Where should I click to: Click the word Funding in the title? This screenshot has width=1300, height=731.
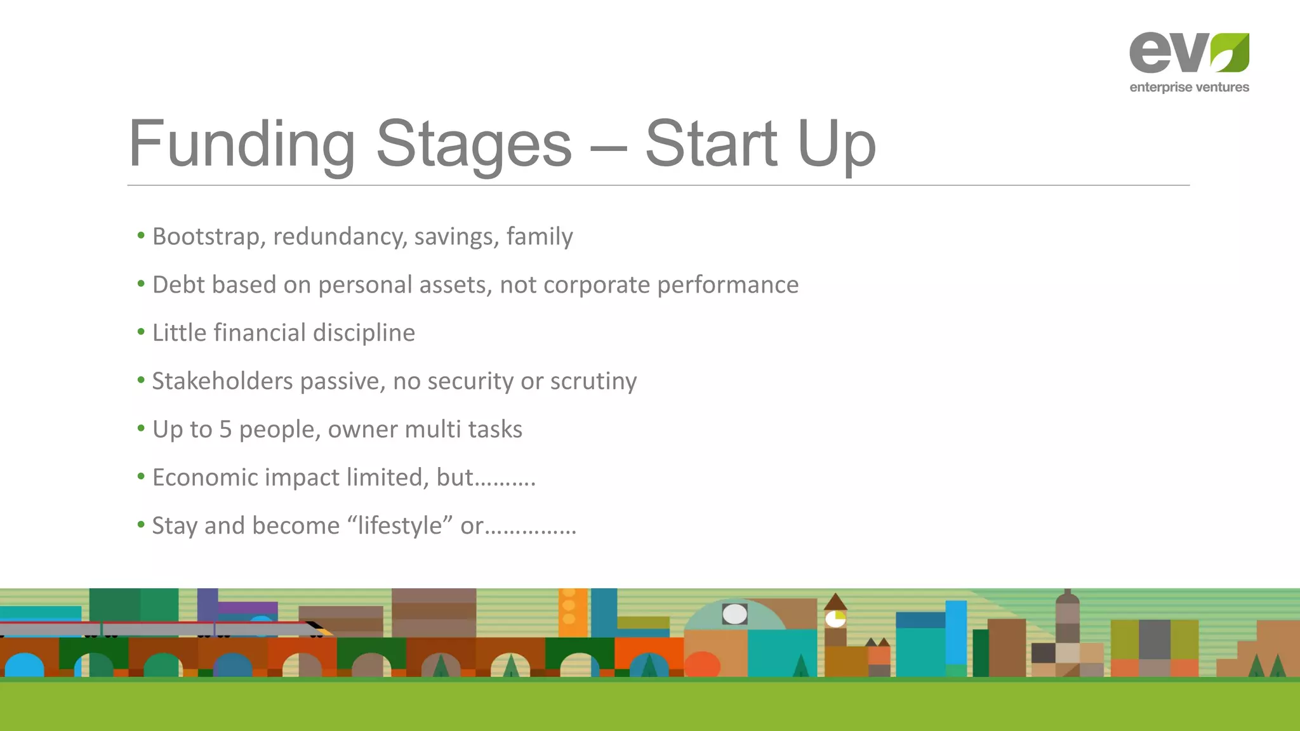[241, 145]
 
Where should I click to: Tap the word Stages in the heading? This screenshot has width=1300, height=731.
[474, 145]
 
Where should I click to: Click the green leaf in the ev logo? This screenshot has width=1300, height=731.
[1230, 53]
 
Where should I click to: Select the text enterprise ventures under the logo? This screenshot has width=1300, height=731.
[1189, 88]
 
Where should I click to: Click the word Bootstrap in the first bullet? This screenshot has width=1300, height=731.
[209, 237]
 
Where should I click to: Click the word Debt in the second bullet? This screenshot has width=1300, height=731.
[178, 285]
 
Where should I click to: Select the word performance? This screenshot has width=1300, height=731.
[727, 285]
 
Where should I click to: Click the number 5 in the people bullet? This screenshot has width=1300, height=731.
[225, 430]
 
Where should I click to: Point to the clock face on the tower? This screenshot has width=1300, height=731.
[835, 619]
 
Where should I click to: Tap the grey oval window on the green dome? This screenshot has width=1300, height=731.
[734, 614]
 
